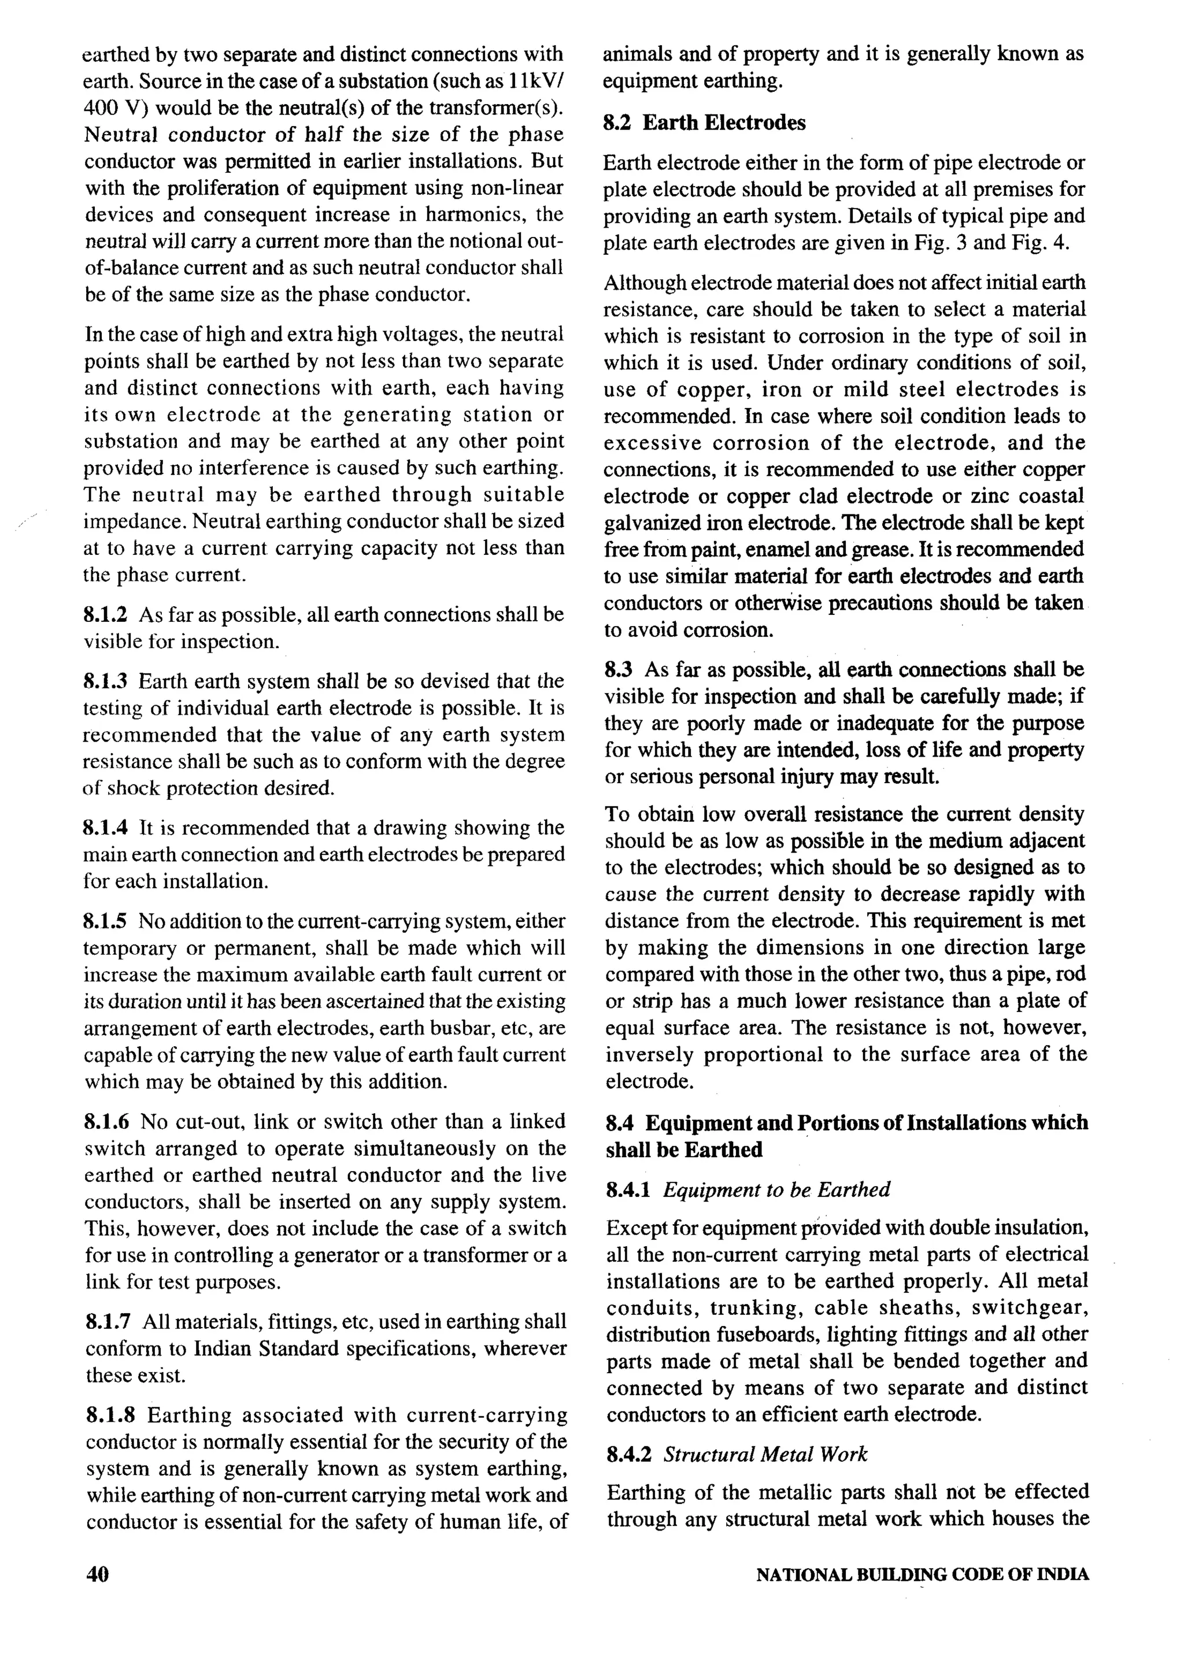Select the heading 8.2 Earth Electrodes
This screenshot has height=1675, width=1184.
tap(704, 123)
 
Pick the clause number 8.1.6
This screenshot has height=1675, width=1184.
tap(106, 1121)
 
